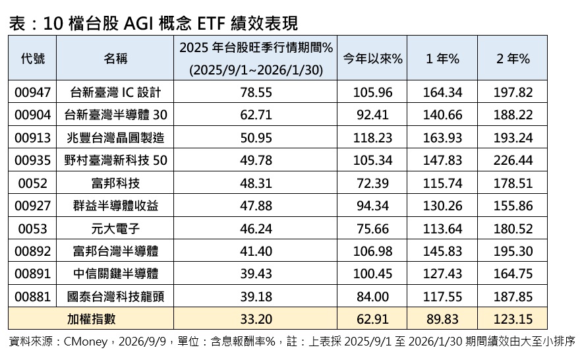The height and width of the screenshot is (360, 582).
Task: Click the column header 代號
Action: [33, 59]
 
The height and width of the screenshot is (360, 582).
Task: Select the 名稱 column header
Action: [115, 59]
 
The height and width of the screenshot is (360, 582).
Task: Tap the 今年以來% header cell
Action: [372, 59]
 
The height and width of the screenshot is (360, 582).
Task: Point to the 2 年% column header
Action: [513, 59]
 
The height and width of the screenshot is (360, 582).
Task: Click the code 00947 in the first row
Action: [33, 92]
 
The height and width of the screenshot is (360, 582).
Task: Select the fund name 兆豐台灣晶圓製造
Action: [115, 138]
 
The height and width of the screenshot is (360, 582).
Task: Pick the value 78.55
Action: [256, 92]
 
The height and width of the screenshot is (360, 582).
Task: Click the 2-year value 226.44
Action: [513, 160]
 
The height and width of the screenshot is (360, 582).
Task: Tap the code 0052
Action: [33, 183]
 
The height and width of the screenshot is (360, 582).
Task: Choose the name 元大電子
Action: [115, 229]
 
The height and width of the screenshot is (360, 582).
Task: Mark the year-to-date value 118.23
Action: [372, 138]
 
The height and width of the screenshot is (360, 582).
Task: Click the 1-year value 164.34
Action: [442, 92]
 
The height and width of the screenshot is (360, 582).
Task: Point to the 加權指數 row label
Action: [91, 319]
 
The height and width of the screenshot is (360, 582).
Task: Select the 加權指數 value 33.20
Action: [256, 319]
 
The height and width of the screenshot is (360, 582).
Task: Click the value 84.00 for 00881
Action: [372, 297]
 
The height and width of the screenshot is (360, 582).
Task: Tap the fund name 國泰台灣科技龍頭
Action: [115, 297]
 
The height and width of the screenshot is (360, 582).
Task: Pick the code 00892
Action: [33, 251]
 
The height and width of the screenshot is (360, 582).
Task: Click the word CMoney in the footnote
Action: [86, 342]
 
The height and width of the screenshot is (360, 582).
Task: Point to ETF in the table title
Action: [210, 24]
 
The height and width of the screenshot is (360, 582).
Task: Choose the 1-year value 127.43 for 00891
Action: [442, 274]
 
